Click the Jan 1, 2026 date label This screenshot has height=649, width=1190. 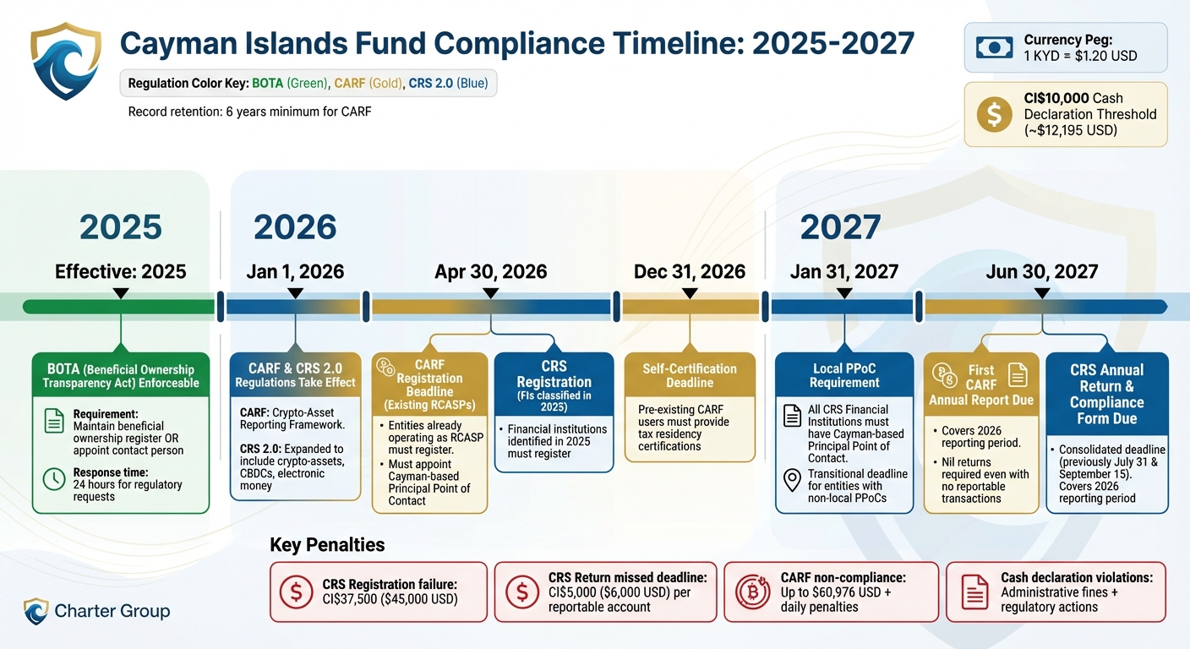[x=295, y=272]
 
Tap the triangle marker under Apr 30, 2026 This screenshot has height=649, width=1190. [x=490, y=293]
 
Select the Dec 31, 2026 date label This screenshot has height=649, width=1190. [x=690, y=272]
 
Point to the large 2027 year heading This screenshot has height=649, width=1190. [x=840, y=227]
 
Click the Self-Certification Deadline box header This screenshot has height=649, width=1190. [x=690, y=375]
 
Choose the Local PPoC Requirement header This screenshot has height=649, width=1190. [x=844, y=375]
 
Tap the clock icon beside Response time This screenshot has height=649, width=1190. [x=53, y=479]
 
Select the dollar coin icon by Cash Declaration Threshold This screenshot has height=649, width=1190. [x=994, y=114]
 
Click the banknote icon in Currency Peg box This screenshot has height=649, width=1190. [x=994, y=48]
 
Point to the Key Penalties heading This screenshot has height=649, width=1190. [x=327, y=545]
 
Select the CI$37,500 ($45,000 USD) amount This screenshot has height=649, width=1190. [x=390, y=599]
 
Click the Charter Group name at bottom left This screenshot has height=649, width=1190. [x=112, y=611]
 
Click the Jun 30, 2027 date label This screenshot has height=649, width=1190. [x=1041, y=272]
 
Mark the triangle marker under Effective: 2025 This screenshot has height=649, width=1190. [x=121, y=293]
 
